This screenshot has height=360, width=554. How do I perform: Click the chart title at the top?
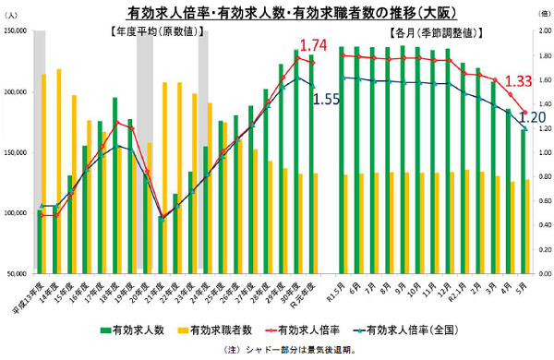[277, 12]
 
